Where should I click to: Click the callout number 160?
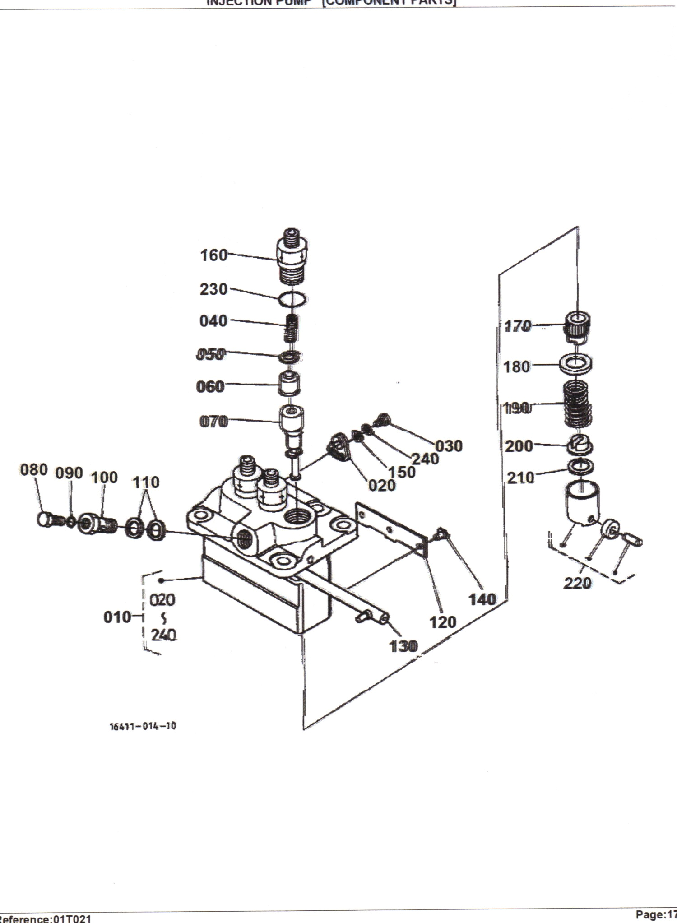point(213,255)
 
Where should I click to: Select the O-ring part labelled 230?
point(293,299)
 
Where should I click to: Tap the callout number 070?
point(213,422)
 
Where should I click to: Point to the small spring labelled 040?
point(292,328)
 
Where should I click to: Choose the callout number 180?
point(516,366)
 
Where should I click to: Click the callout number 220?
point(577,583)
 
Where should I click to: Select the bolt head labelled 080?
point(44,519)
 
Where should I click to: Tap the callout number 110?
point(145,482)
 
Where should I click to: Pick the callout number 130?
point(403,646)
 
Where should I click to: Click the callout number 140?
point(482,599)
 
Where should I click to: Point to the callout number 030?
point(449,446)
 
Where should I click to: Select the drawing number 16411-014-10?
point(143,726)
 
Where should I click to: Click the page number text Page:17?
point(656,914)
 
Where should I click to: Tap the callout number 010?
point(117,617)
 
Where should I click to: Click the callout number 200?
point(519,446)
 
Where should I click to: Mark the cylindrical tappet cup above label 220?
point(582,502)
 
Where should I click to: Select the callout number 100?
point(104,478)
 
